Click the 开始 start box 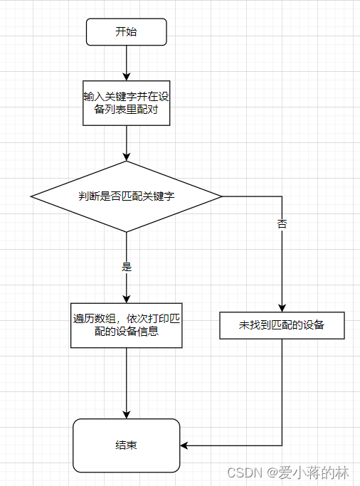tap(126, 32)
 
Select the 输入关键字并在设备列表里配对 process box tap(126, 103)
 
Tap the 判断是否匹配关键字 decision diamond tap(126, 196)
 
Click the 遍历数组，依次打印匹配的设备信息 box tap(126, 325)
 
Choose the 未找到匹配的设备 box tap(282, 325)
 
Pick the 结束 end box tap(126, 445)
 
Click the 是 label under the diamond tap(127, 268)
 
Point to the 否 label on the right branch tap(282, 224)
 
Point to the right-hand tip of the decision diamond tap(221, 196)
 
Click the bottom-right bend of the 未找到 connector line tap(282, 445)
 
